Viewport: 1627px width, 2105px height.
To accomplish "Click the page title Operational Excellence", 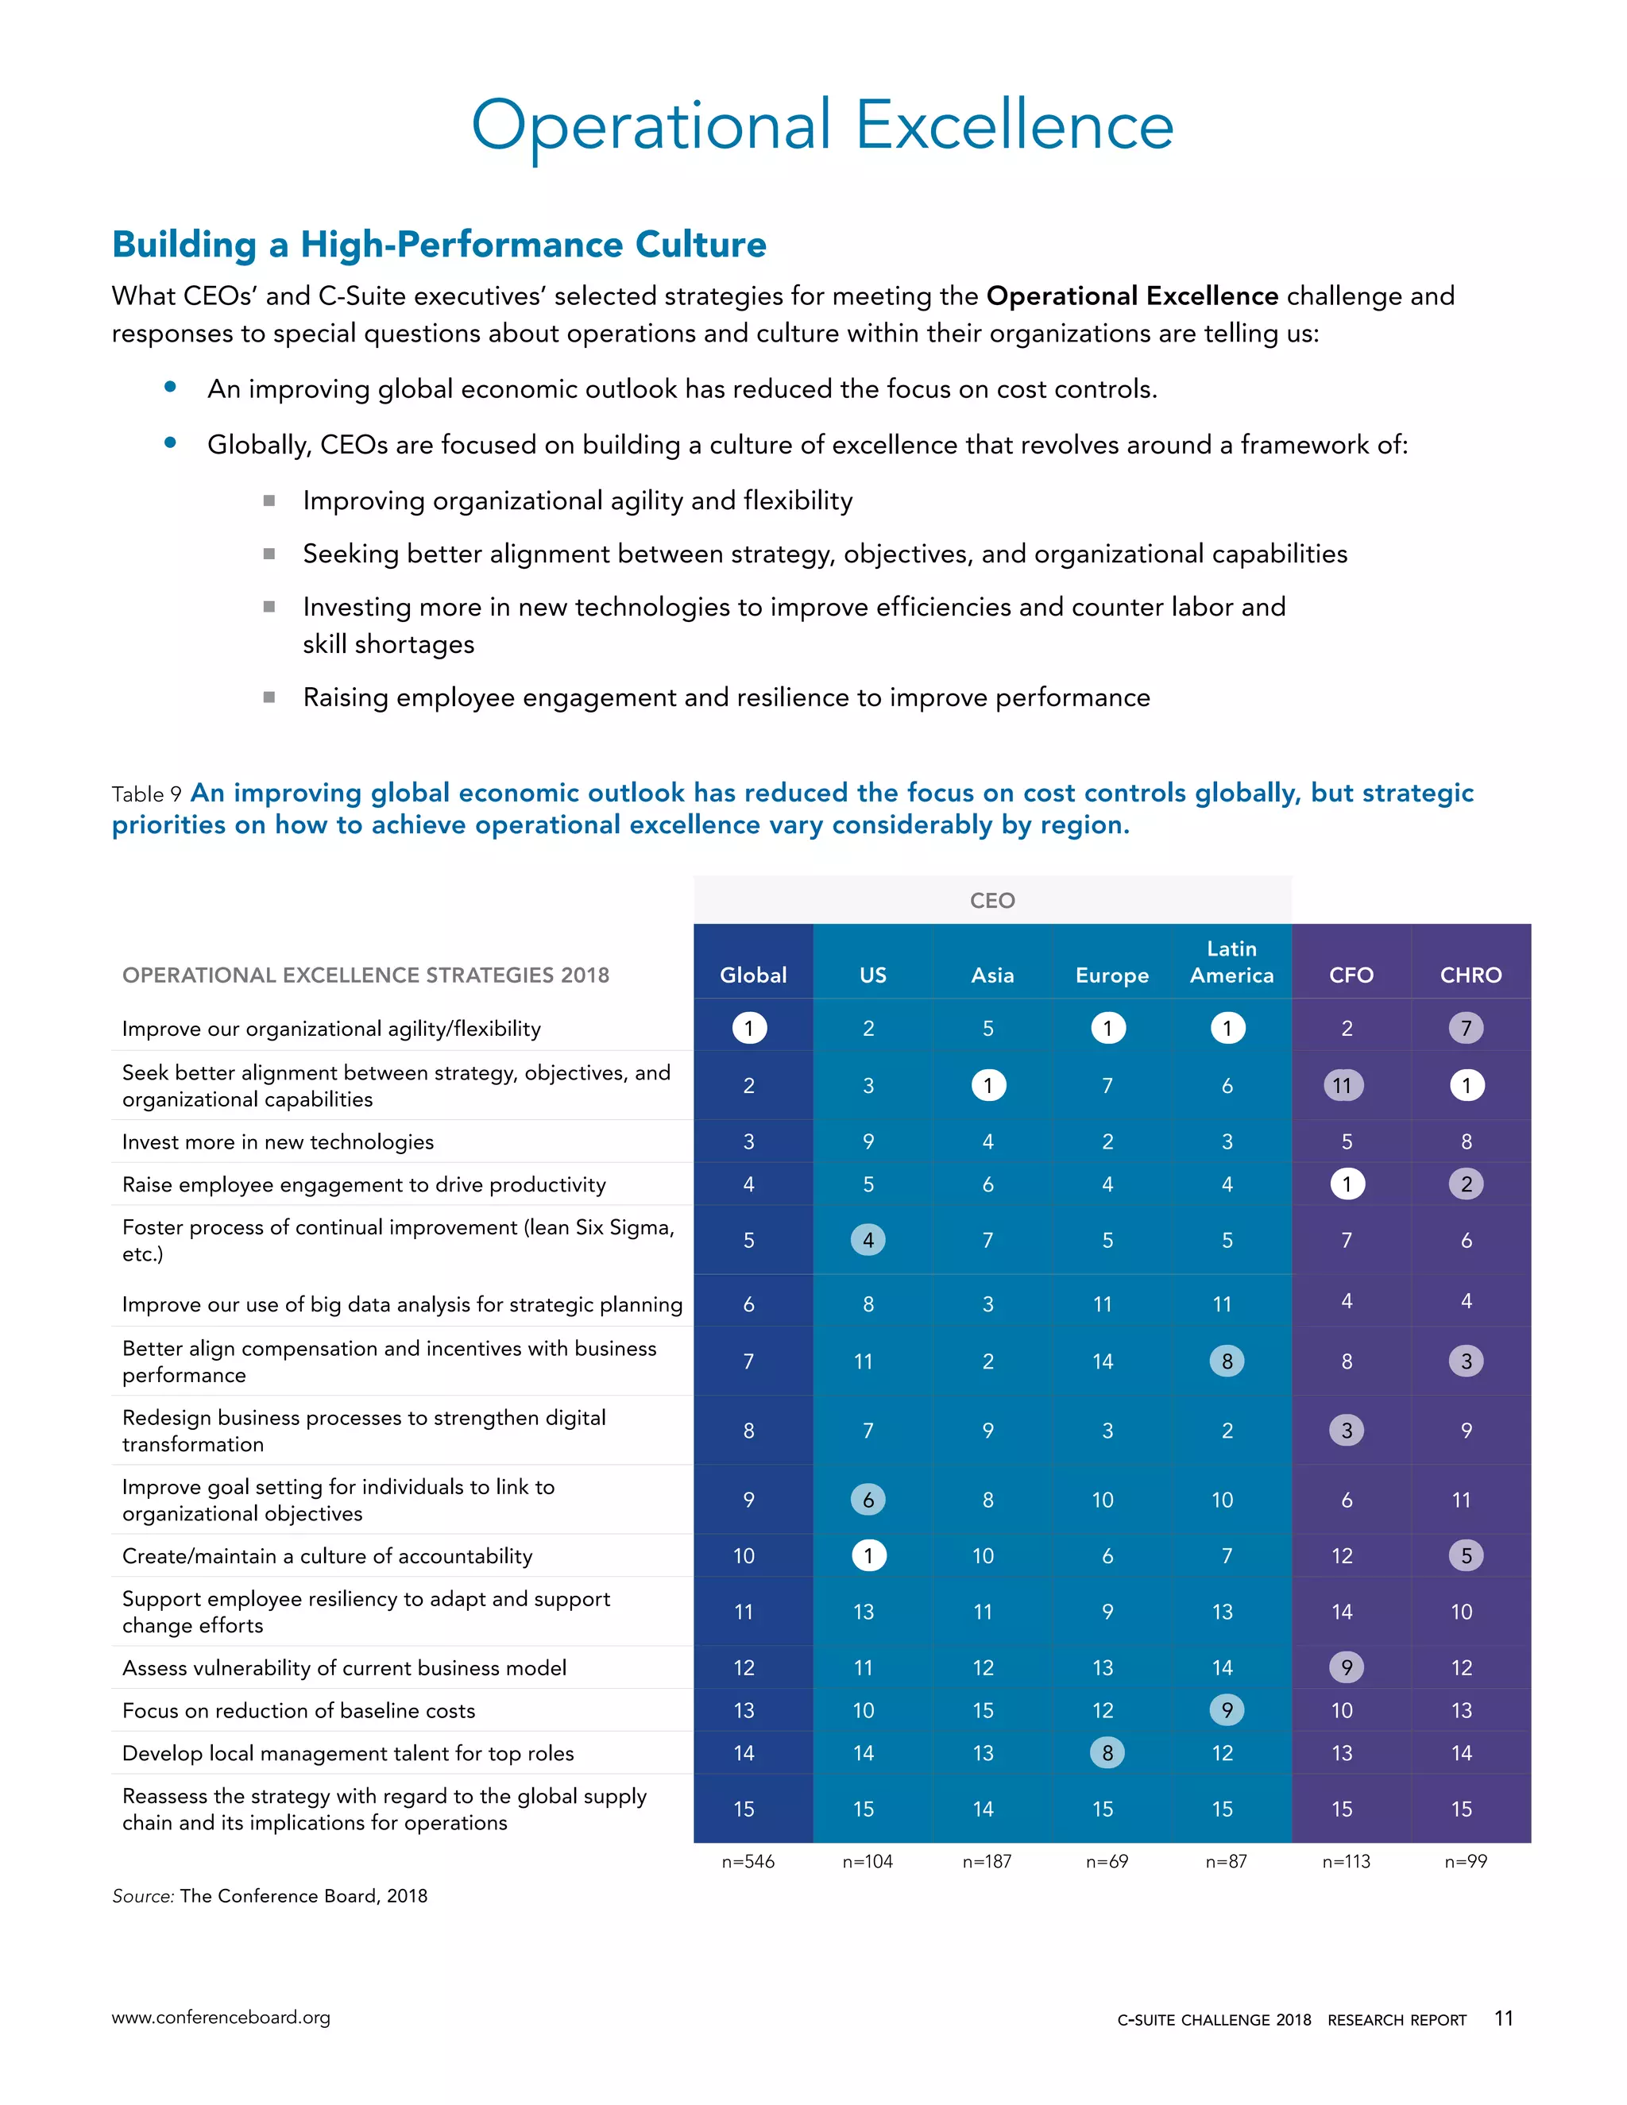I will coord(821,126).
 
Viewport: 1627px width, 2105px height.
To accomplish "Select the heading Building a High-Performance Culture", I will coord(439,244).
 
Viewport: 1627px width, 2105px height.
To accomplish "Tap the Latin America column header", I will coord(1231,962).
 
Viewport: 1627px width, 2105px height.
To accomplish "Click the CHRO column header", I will coord(1470,975).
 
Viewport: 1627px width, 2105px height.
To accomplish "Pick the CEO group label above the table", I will coord(991,900).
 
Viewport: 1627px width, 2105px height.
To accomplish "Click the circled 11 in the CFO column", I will coord(1342,1085).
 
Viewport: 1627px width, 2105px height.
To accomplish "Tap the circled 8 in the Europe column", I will coord(1107,1752).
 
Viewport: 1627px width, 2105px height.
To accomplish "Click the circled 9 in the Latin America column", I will coord(1226,1710).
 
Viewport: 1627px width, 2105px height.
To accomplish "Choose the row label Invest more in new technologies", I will coord(277,1141).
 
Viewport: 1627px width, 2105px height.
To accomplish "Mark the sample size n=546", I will coord(748,1861).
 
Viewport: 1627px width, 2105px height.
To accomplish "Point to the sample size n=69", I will coord(1107,1861).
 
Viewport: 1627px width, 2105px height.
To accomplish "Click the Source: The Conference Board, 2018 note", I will coord(270,1896).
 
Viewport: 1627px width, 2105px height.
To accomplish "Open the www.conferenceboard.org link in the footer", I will coord(221,2018).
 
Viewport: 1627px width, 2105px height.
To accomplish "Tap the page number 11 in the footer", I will coord(1502,2018).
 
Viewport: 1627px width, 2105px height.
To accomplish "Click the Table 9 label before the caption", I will coord(146,794).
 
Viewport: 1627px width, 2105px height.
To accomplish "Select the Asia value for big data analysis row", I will coord(987,1304).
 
